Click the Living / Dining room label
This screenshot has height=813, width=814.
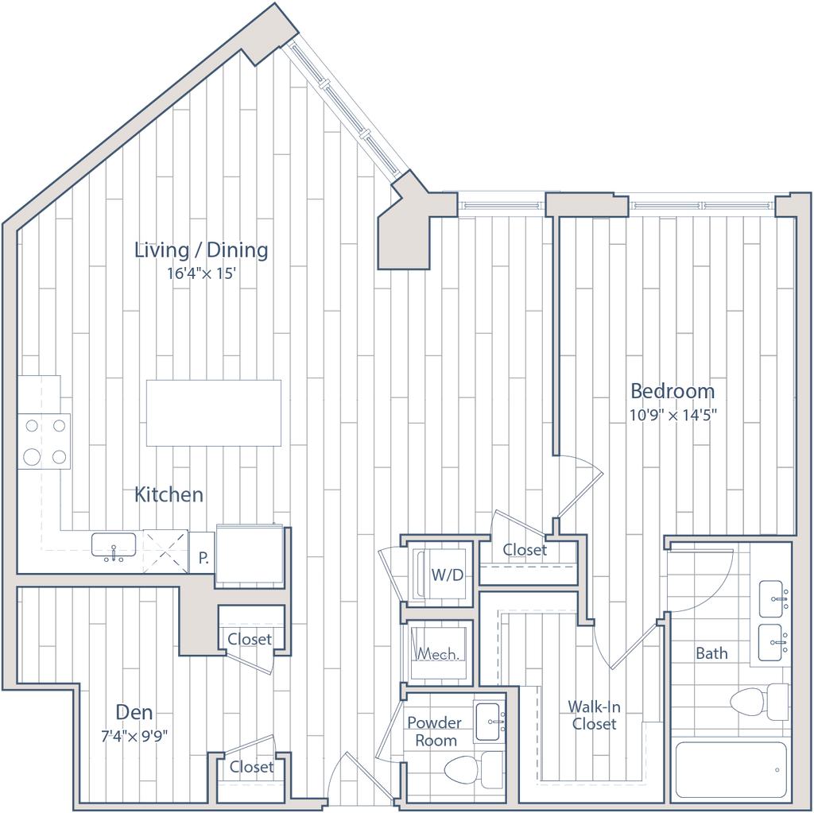click(200, 250)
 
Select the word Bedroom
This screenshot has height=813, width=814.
click(672, 391)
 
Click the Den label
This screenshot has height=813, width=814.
click(134, 711)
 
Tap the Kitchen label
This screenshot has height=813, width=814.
click(169, 495)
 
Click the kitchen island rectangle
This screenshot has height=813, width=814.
click(215, 412)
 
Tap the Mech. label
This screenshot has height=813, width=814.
click(438, 654)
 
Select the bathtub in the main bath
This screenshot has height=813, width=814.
click(731, 769)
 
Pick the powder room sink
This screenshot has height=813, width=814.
click(489, 722)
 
